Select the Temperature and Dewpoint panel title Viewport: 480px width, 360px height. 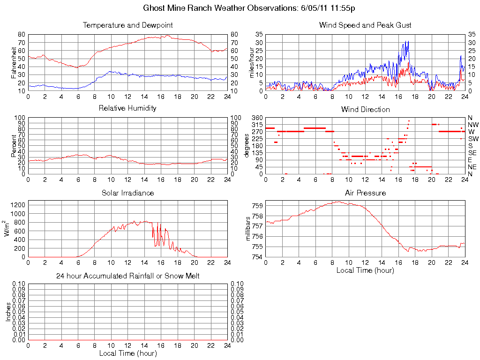click(127, 25)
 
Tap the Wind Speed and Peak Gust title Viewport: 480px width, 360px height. click(365, 25)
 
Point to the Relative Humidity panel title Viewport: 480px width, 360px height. click(127, 108)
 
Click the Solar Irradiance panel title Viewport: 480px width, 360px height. click(127, 193)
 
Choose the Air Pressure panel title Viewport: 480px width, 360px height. click(365, 193)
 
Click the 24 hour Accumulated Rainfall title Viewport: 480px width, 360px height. click(127, 276)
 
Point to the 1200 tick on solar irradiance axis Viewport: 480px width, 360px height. click(19, 205)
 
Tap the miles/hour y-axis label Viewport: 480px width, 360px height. click(251, 62)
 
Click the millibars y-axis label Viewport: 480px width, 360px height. click(249, 229)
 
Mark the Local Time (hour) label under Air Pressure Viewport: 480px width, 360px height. click(365, 270)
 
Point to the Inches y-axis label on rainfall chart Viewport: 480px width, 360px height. click(8, 312)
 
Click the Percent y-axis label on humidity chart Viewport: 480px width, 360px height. click(14, 146)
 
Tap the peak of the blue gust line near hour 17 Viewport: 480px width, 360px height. click(408, 41)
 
